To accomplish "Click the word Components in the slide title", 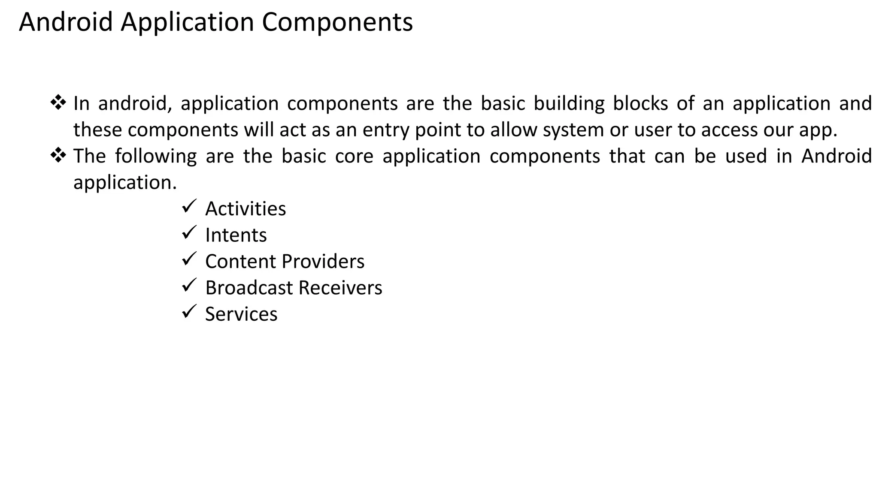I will pyautogui.click(x=337, y=22).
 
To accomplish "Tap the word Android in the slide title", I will pyautogui.click(x=66, y=22).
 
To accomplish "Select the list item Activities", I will pyautogui.click(x=246, y=209).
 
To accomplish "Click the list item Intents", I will pyautogui.click(x=236, y=235).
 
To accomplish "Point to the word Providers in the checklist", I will pyautogui.click(x=323, y=262).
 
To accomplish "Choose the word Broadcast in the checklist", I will pyautogui.click(x=249, y=288).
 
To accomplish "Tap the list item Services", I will pyautogui.click(x=241, y=314).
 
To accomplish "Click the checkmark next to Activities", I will pyautogui.click(x=189, y=206).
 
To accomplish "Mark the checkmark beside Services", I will pyautogui.click(x=189, y=311).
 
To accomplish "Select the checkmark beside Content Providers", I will pyautogui.click(x=189, y=259).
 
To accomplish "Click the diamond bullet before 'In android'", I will pyautogui.click(x=58, y=103).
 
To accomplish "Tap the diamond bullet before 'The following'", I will pyautogui.click(x=58, y=155).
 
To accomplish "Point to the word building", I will pyautogui.click(x=569, y=104).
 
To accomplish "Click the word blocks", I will pyautogui.click(x=640, y=104).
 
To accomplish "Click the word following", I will pyautogui.click(x=156, y=157).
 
